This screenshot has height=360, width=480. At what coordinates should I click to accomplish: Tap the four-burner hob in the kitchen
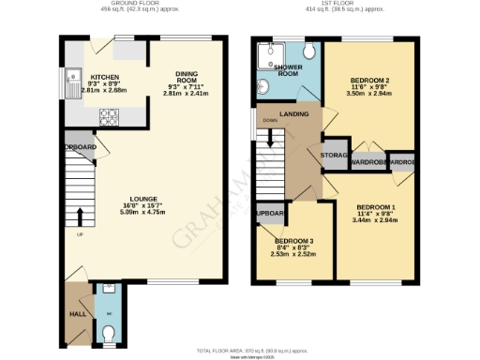(x=108, y=117)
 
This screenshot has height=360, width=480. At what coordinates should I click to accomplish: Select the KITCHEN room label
(x=103, y=77)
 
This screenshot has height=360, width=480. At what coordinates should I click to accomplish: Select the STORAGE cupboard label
(x=335, y=155)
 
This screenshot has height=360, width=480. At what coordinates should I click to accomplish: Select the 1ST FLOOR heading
(x=337, y=4)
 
